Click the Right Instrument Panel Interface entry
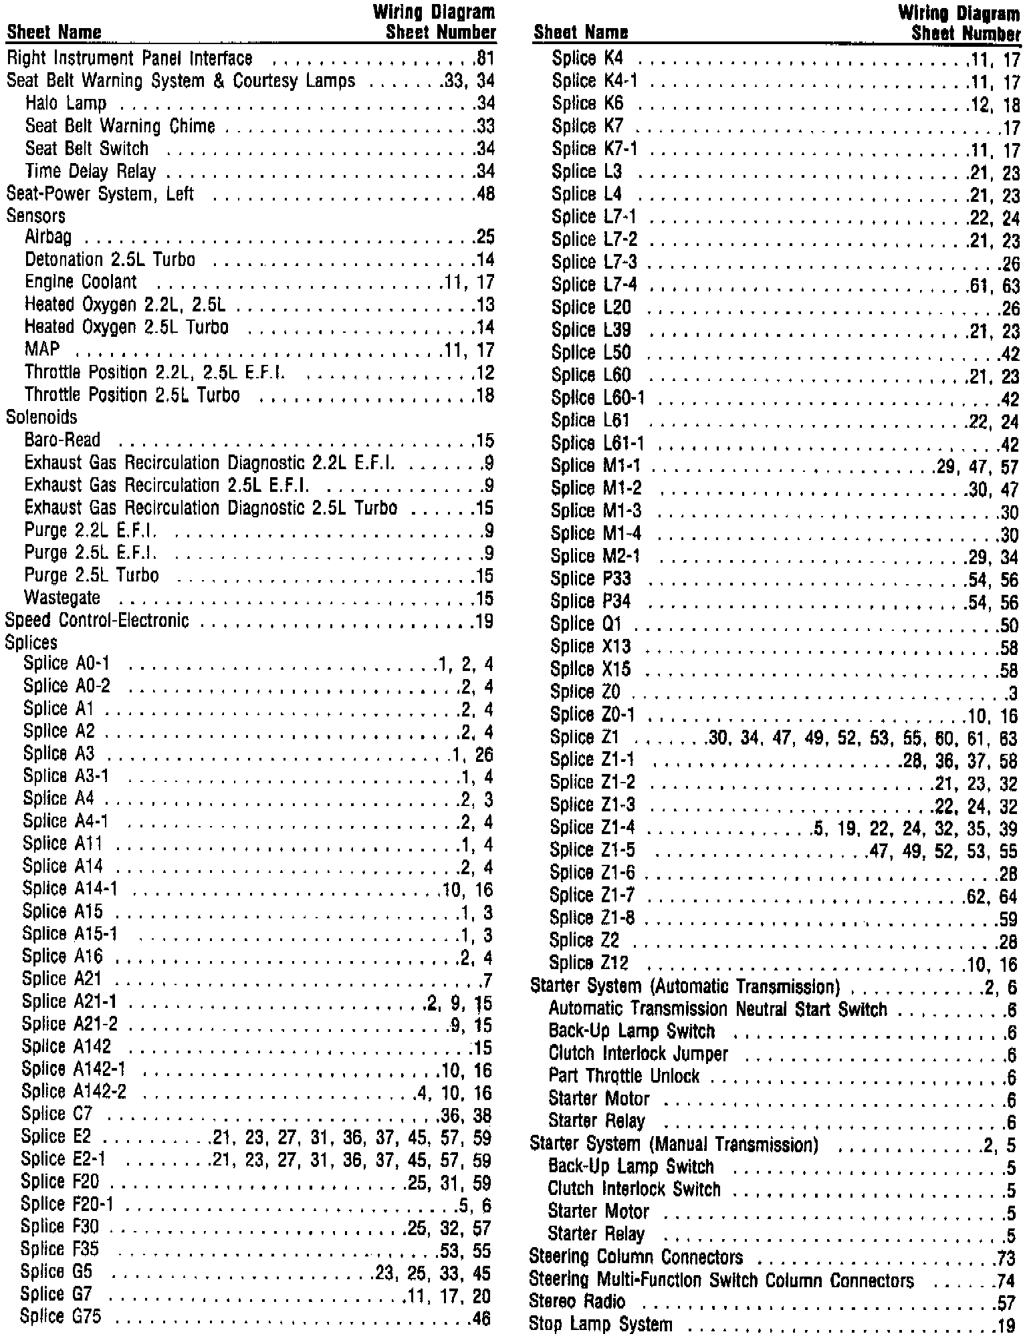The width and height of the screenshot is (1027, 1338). pos(130,59)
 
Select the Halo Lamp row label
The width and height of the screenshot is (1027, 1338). pos(66,104)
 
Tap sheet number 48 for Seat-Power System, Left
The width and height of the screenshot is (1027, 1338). pos(484,194)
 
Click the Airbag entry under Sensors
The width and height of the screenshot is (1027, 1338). pos(48,237)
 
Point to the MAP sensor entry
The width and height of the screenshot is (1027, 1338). pos(42,349)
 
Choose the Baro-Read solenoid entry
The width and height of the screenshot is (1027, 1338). pos(62,440)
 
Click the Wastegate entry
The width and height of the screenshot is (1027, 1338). pos(62,597)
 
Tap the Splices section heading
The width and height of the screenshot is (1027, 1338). pos(31,642)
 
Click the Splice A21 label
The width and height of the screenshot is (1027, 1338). pos(62,979)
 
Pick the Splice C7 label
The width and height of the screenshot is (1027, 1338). pos(57,1114)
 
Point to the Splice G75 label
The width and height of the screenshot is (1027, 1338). pos(61,1316)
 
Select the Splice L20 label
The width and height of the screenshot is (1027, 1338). pos(591,307)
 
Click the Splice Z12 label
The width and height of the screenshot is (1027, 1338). pos(588,963)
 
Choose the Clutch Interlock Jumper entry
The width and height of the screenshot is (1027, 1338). pos(638,1054)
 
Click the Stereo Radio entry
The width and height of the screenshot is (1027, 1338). pos(577,1301)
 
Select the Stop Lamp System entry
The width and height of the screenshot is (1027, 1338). pos(600,1324)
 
